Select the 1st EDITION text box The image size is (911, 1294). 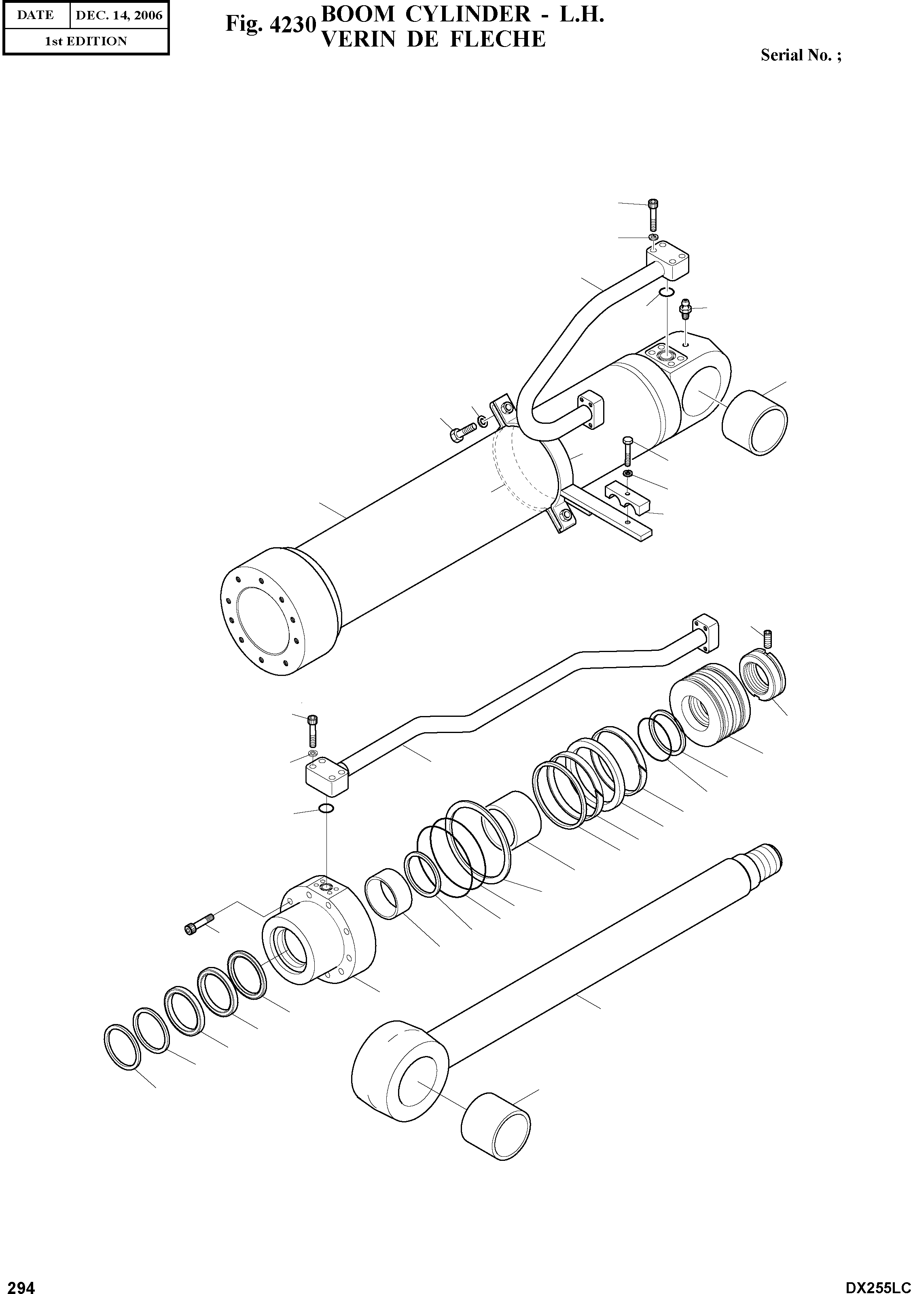point(86,41)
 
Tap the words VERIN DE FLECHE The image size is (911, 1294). point(433,39)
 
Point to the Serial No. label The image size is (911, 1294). point(801,55)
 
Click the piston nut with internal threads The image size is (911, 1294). point(762,674)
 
